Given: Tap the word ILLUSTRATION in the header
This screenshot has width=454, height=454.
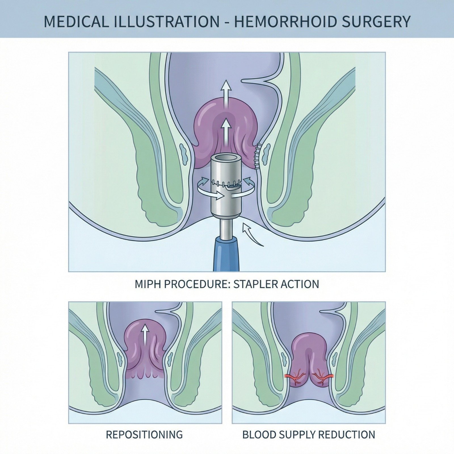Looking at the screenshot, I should pos(165,22).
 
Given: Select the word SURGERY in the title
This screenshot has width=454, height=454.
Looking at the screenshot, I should pos(378,22).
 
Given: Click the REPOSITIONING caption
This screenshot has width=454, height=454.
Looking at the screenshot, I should pos(144,434).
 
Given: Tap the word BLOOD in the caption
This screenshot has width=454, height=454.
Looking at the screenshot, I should pos(258,434).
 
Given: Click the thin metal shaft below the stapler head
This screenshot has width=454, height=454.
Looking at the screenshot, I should pos(226,227).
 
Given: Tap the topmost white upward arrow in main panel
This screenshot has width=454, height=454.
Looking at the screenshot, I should pos(226,91).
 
